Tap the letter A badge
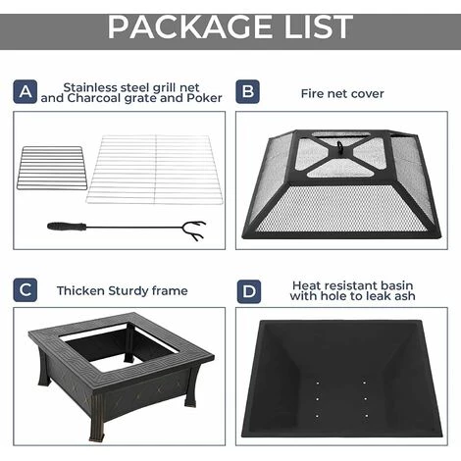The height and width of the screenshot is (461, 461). [26, 91]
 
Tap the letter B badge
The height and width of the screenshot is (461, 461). [249, 91]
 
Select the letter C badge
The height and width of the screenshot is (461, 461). [26, 290]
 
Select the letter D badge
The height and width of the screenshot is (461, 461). [249, 290]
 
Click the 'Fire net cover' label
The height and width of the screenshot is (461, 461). [342, 93]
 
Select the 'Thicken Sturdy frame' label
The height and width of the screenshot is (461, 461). [122, 290]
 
